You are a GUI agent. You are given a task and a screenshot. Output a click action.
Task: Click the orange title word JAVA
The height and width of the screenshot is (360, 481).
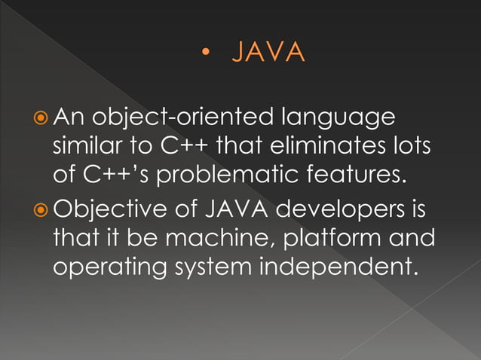(x=268, y=53)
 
